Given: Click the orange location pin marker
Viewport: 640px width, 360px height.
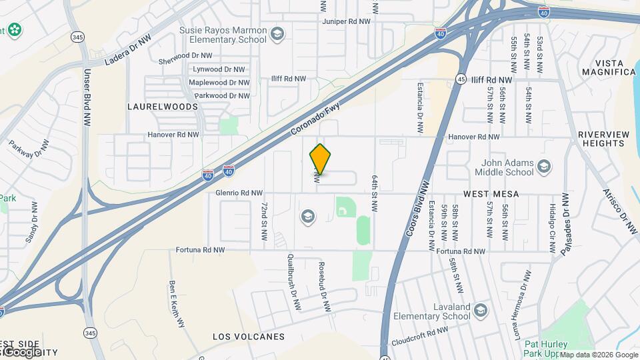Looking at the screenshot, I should pyautogui.click(x=320, y=159).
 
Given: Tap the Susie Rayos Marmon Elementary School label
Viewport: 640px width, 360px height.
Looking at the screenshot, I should pyautogui.click(x=223, y=34).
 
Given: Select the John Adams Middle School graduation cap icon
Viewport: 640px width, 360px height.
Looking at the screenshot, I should pyautogui.click(x=544, y=166).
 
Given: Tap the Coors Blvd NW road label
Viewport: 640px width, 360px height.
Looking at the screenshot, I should pyautogui.click(x=417, y=207).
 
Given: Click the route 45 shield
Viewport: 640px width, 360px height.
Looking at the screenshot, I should pyautogui.click(x=461, y=79).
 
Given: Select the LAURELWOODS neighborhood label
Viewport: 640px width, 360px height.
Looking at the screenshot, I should pyautogui.click(x=163, y=107).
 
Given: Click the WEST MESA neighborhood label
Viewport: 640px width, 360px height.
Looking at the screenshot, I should pyautogui.click(x=491, y=193).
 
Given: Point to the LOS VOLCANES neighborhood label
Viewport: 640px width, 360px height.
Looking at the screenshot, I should pyautogui.click(x=249, y=337).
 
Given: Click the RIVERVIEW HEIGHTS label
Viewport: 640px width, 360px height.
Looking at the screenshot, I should pyautogui.click(x=603, y=139).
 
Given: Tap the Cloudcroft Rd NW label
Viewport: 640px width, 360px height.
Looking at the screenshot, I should pyautogui.click(x=420, y=330).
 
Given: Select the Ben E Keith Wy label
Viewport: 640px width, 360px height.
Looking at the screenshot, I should pyautogui.click(x=177, y=304).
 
